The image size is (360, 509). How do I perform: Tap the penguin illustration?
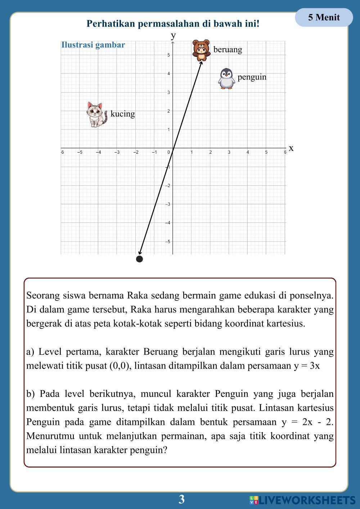(x=226, y=78)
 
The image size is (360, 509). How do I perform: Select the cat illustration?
(x=96, y=114)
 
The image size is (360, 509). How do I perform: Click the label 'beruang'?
(x=228, y=49)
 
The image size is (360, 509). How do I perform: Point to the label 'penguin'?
(x=252, y=77)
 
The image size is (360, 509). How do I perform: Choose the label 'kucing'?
(x=122, y=114)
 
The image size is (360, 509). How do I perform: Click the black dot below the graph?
(x=140, y=259)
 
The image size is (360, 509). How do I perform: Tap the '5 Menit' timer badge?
(x=324, y=17)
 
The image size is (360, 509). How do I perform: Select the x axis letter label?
(x=291, y=148)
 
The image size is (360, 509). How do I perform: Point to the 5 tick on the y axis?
(x=168, y=55)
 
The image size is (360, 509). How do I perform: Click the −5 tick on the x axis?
(x=80, y=152)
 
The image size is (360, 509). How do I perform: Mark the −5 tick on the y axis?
(x=168, y=241)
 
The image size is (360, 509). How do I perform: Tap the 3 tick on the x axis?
(x=229, y=152)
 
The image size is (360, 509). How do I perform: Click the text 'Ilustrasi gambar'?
(x=93, y=45)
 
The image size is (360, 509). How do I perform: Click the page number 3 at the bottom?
(x=181, y=499)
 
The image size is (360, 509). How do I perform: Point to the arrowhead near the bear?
(x=201, y=63)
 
